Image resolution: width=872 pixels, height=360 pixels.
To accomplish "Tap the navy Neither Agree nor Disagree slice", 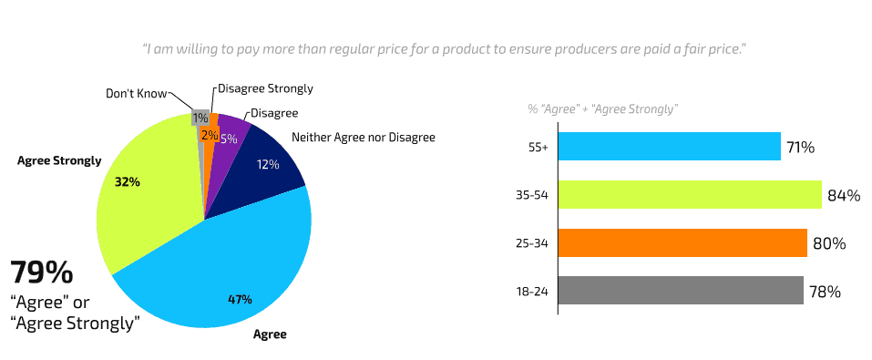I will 264,169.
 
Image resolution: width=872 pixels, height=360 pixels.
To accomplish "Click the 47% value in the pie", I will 240,299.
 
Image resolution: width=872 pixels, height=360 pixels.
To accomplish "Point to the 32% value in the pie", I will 127,181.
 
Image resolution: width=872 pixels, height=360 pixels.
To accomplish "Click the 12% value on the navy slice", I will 267,165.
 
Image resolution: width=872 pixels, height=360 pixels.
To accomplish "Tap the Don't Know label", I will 135,93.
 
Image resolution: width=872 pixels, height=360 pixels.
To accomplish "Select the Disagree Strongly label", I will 265,88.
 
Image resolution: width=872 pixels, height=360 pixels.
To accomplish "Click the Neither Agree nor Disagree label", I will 363,138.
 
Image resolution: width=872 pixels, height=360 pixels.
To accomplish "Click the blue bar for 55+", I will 669,147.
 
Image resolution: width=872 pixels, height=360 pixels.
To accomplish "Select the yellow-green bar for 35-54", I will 689,195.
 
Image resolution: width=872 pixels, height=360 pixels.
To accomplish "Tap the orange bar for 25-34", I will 682,243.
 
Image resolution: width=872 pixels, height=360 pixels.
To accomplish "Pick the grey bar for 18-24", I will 680,292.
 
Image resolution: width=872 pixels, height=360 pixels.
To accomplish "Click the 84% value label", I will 844,195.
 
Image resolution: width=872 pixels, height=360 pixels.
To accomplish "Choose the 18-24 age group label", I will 533,293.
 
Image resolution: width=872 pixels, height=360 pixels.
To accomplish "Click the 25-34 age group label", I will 533,244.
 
